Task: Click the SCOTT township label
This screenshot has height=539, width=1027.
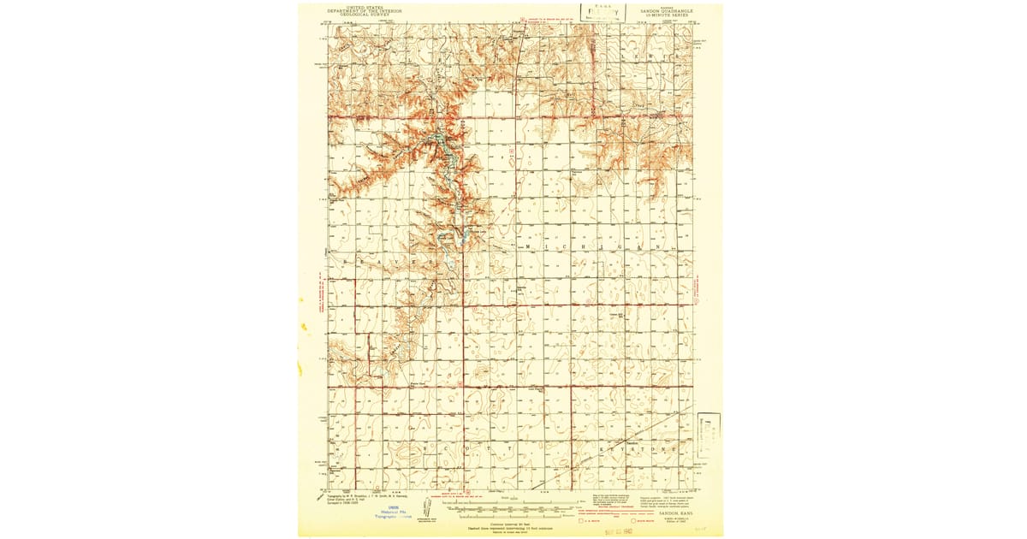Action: coord(466,447)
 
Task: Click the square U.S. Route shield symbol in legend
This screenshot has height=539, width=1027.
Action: coord(583,519)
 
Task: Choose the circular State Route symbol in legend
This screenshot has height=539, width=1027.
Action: coord(634,519)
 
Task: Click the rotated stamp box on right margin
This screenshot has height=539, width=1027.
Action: coord(708,436)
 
